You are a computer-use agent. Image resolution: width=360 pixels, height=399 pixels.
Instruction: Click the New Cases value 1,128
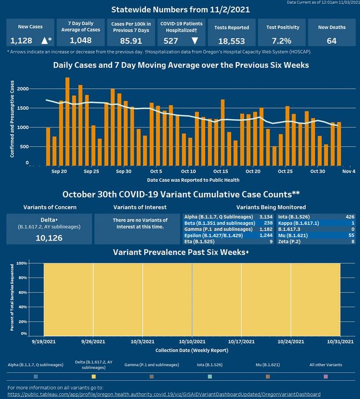(x=22, y=41)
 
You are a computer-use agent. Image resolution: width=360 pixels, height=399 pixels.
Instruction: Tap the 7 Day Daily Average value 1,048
(x=80, y=41)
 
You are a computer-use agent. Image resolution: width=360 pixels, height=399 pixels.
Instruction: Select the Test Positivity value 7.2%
(x=282, y=41)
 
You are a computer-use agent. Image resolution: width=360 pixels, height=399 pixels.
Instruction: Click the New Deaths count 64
(x=332, y=41)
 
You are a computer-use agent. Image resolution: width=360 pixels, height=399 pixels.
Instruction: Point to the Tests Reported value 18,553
(x=231, y=41)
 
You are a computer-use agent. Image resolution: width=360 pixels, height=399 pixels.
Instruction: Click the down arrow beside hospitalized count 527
(x=194, y=41)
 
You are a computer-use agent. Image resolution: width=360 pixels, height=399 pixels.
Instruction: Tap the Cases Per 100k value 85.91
(x=129, y=41)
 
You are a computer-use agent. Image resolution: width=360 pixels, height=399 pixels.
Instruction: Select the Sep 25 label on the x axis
(x=92, y=172)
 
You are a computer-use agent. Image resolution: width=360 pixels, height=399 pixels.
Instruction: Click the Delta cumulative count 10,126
(x=48, y=238)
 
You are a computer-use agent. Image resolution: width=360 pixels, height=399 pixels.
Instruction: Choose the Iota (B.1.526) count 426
(x=350, y=217)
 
